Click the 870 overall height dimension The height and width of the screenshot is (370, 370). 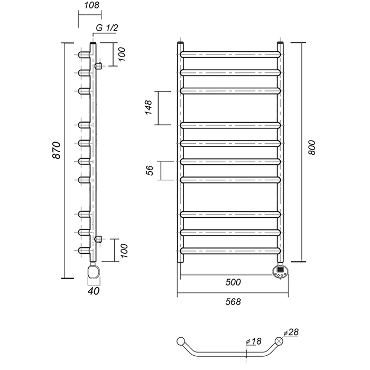(57, 150)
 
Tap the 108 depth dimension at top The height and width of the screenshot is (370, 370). (92, 5)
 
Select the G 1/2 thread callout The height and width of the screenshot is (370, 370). (107, 28)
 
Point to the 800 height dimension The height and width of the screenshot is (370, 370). (311, 147)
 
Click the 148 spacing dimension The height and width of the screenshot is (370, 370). (149, 107)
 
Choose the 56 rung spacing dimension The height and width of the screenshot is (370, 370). (150, 170)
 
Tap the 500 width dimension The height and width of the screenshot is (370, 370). (233, 282)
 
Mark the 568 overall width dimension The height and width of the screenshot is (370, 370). (233, 302)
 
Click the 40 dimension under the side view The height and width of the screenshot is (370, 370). (94, 291)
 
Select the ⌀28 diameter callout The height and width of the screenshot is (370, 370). (291, 332)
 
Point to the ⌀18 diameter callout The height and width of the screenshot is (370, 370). (254, 341)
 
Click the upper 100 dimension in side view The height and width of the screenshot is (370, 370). (121, 54)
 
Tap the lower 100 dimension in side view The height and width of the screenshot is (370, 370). (123, 251)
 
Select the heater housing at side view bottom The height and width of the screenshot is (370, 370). (94, 271)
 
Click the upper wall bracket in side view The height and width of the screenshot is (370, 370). (98, 66)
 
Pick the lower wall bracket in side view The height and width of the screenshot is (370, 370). (98, 239)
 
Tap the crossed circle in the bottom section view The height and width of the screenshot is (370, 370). (279, 341)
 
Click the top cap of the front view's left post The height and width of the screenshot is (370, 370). (180, 43)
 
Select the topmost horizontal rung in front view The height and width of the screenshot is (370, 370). (230, 54)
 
